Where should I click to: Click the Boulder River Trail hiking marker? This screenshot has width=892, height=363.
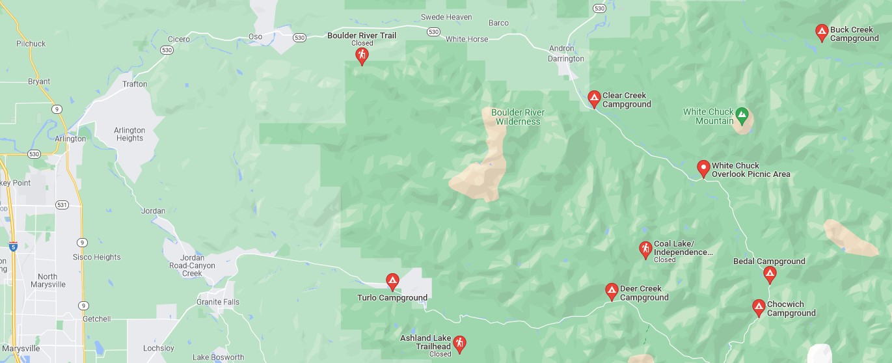pos(362,55)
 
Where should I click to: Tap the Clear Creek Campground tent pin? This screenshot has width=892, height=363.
pos(594,98)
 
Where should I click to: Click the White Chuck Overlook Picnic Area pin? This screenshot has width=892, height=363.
pos(703,168)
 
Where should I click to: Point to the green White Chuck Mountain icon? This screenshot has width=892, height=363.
pos(742,116)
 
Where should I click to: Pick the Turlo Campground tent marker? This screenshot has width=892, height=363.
pos(392,281)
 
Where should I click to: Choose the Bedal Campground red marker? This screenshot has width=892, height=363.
pos(770,274)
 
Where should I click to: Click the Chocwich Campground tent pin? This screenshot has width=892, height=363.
pos(759,307)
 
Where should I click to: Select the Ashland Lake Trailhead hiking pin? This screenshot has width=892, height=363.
pos(459,343)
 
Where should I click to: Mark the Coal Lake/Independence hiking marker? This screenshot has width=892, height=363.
pos(645,249)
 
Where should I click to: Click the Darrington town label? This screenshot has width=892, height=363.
pos(566,59)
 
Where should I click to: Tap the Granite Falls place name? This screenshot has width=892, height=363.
pos(218,302)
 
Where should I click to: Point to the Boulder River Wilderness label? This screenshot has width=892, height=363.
pos(518,117)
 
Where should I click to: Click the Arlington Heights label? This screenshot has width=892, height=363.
pos(129,134)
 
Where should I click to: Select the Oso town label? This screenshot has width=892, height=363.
pos(256,36)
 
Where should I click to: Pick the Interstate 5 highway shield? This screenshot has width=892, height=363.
pos(14,247)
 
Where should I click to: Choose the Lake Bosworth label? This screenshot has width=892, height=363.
pos(219,357)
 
